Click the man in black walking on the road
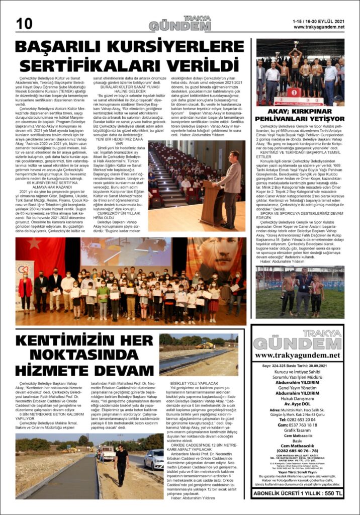tap(121, 463)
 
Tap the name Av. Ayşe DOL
tap(298, 403)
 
